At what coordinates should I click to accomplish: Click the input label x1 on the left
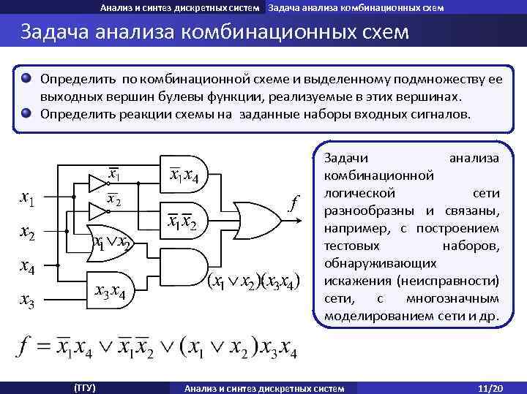pyautogui.click(x=29, y=198)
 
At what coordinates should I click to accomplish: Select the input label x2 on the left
pyautogui.click(x=29, y=232)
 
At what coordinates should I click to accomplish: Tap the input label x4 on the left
pyautogui.click(x=29, y=267)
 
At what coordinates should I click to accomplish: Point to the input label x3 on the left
pyautogui.click(x=29, y=300)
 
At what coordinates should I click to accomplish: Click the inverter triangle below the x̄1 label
pyautogui.click(x=98, y=180)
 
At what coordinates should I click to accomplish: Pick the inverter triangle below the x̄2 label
pyautogui.click(x=98, y=213)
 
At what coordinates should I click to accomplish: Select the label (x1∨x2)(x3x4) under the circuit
pyautogui.click(x=253, y=282)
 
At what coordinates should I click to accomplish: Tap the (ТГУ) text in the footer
pyautogui.click(x=84, y=387)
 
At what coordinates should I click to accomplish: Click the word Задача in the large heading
pyautogui.click(x=58, y=34)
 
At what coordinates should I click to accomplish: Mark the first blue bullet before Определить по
pyautogui.click(x=27, y=77)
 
